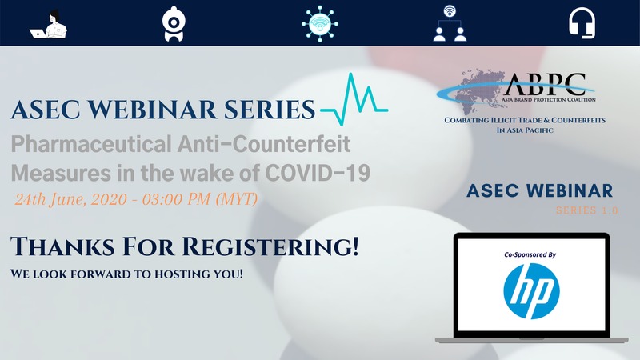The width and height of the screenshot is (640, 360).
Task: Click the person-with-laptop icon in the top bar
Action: pos(48,25)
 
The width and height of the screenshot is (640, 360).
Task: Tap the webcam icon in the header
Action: pos(174,24)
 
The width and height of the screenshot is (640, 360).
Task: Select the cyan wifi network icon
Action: pos(319,24)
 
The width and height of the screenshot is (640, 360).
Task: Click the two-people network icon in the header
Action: pos(450,23)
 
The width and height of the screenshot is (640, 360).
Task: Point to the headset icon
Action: pos(582,23)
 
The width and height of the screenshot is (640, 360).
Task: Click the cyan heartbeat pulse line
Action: pos(354,99)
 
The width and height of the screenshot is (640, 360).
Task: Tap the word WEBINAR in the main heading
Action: pos(152,110)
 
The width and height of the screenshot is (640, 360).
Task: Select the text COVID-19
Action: pos(318,173)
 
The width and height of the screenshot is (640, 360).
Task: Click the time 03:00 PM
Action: pos(176,199)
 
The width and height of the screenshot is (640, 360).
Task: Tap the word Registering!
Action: pos(270,247)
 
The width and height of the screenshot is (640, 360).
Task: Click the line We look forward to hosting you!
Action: pos(126,274)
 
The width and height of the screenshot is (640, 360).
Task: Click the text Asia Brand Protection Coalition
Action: pos(549,99)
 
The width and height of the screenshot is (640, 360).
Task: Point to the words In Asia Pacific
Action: pos(525,130)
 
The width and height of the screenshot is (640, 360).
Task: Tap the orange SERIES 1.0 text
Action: pos(587,210)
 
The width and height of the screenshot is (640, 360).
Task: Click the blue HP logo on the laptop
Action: pos(531,291)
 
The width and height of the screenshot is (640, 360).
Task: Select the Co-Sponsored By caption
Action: pos(530,254)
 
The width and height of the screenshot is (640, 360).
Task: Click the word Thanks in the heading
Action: pos(62,247)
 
